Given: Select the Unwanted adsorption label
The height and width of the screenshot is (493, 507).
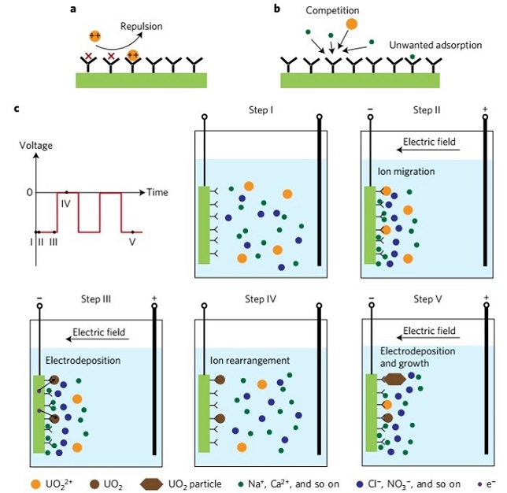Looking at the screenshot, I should pyautogui.click(x=435, y=45).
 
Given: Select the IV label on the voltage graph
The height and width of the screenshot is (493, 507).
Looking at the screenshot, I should pyautogui.click(x=67, y=204).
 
